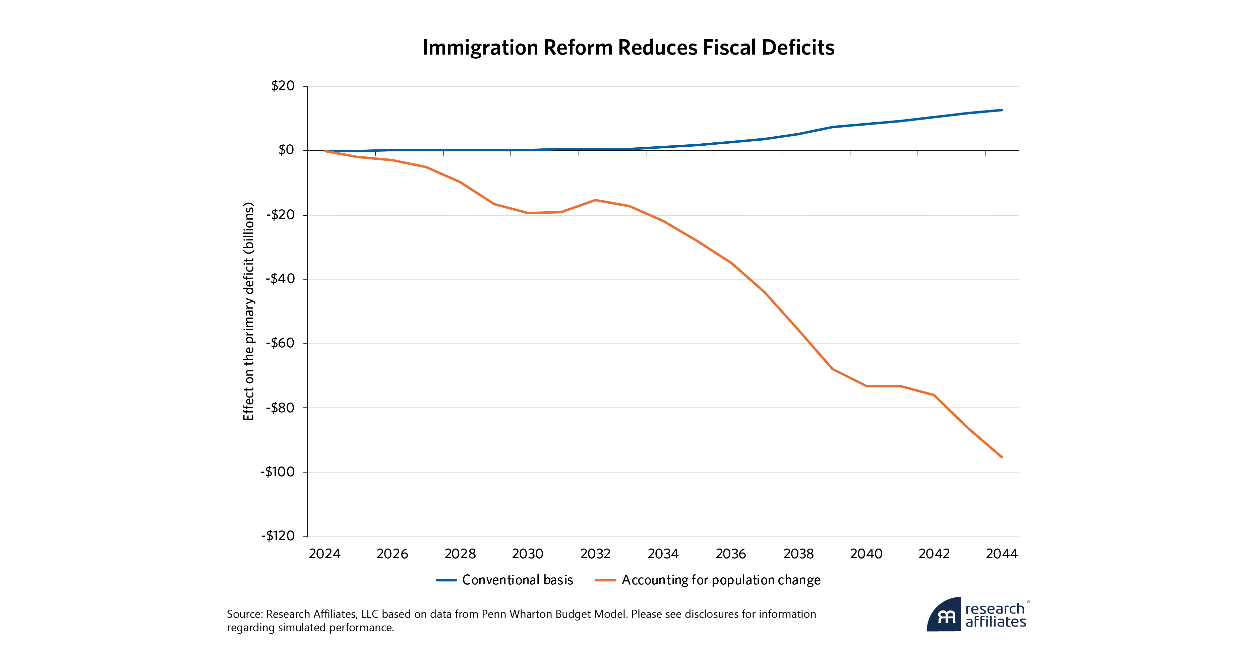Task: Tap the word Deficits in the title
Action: pos(798,48)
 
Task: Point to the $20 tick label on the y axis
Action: pos(283,86)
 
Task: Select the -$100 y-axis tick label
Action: pos(278,472)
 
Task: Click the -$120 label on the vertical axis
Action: pos(278,536)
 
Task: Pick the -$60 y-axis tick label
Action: pos(281,343)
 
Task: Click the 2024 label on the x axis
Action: pos(324,554)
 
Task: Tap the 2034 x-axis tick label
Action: pos(663,554)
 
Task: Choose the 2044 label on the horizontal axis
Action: pos(1002,554)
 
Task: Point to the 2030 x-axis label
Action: pos(528,554)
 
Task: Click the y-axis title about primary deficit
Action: pos(249,311)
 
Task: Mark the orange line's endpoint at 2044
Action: pos(1002,457)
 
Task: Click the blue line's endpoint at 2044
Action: pos(1002,110)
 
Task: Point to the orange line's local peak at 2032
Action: pos(595,200)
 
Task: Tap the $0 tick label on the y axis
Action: pos(287,150)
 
